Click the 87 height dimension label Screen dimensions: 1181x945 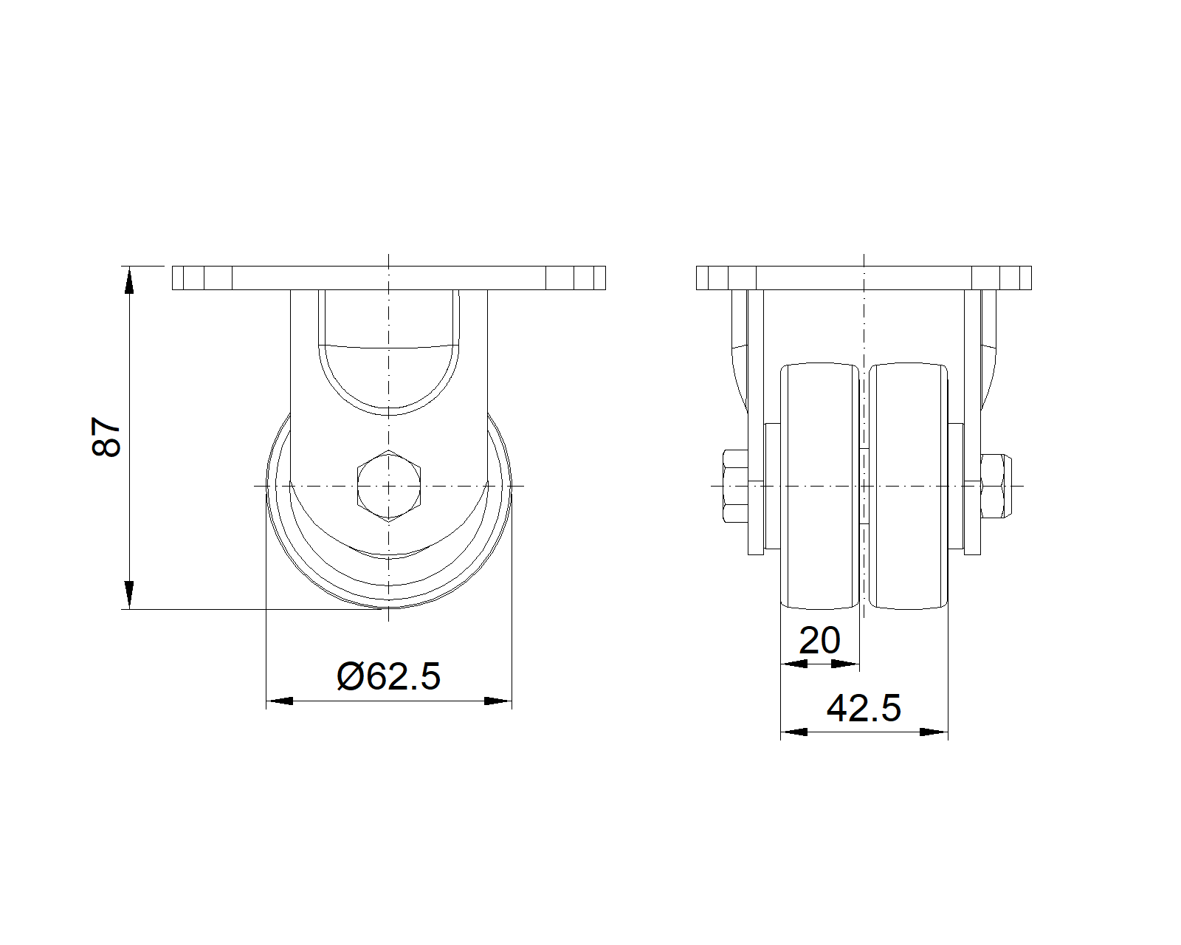(x=106, y=437)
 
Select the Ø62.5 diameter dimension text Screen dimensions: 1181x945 (x=388, y=676)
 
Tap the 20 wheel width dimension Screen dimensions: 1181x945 (x=819, y=640)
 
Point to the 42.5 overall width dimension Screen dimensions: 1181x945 (x=864, y=708)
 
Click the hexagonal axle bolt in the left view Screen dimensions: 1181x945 (x=388, y=486)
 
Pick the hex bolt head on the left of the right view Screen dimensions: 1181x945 (x=735, y=486)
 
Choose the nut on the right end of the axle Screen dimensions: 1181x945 (x=994, y=486)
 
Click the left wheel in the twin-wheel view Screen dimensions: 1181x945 (x=820, y=486)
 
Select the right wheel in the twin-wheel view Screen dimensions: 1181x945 (x=908, y=486)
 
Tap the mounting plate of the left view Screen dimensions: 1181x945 (x=388, y=278)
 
